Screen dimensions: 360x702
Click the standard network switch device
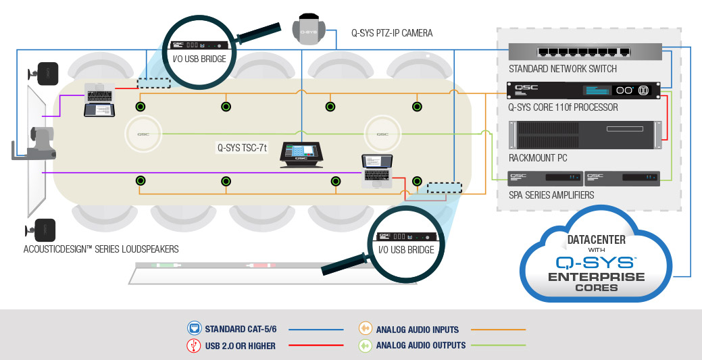tap(585, 53)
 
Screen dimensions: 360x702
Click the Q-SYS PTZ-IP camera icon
tap(309, 30)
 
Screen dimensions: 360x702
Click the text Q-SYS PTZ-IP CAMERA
tap(392, 32)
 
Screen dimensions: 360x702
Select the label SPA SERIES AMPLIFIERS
tap(551, 195)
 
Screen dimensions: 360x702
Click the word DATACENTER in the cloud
tap(596, 240)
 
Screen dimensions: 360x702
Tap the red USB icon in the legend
tap(194, 346)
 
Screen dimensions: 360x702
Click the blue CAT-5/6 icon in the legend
tap(194, 330)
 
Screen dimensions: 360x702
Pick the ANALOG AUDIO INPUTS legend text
tap(417, 330)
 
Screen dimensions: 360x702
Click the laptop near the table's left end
tap(100, 101)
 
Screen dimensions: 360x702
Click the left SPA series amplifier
tap(545, 178)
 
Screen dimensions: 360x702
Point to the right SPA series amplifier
tap(622, 178)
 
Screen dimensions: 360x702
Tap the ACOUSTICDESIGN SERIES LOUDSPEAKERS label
tap(101, 249)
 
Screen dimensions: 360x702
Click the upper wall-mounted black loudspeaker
tap(45, 73)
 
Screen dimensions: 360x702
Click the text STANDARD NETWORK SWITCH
tap(563, 69)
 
